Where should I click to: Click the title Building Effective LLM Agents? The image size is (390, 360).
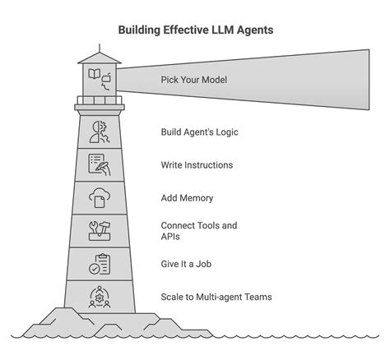194,30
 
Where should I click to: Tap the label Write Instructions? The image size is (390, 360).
197,165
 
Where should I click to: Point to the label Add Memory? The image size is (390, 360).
186,198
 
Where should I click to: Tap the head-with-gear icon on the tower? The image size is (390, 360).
99,132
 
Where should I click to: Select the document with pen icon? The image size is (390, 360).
99,165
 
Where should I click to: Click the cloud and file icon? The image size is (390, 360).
99,198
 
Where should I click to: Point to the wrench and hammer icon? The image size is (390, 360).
99,232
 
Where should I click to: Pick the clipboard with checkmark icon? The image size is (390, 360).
99,265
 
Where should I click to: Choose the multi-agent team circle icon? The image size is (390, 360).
99,297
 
